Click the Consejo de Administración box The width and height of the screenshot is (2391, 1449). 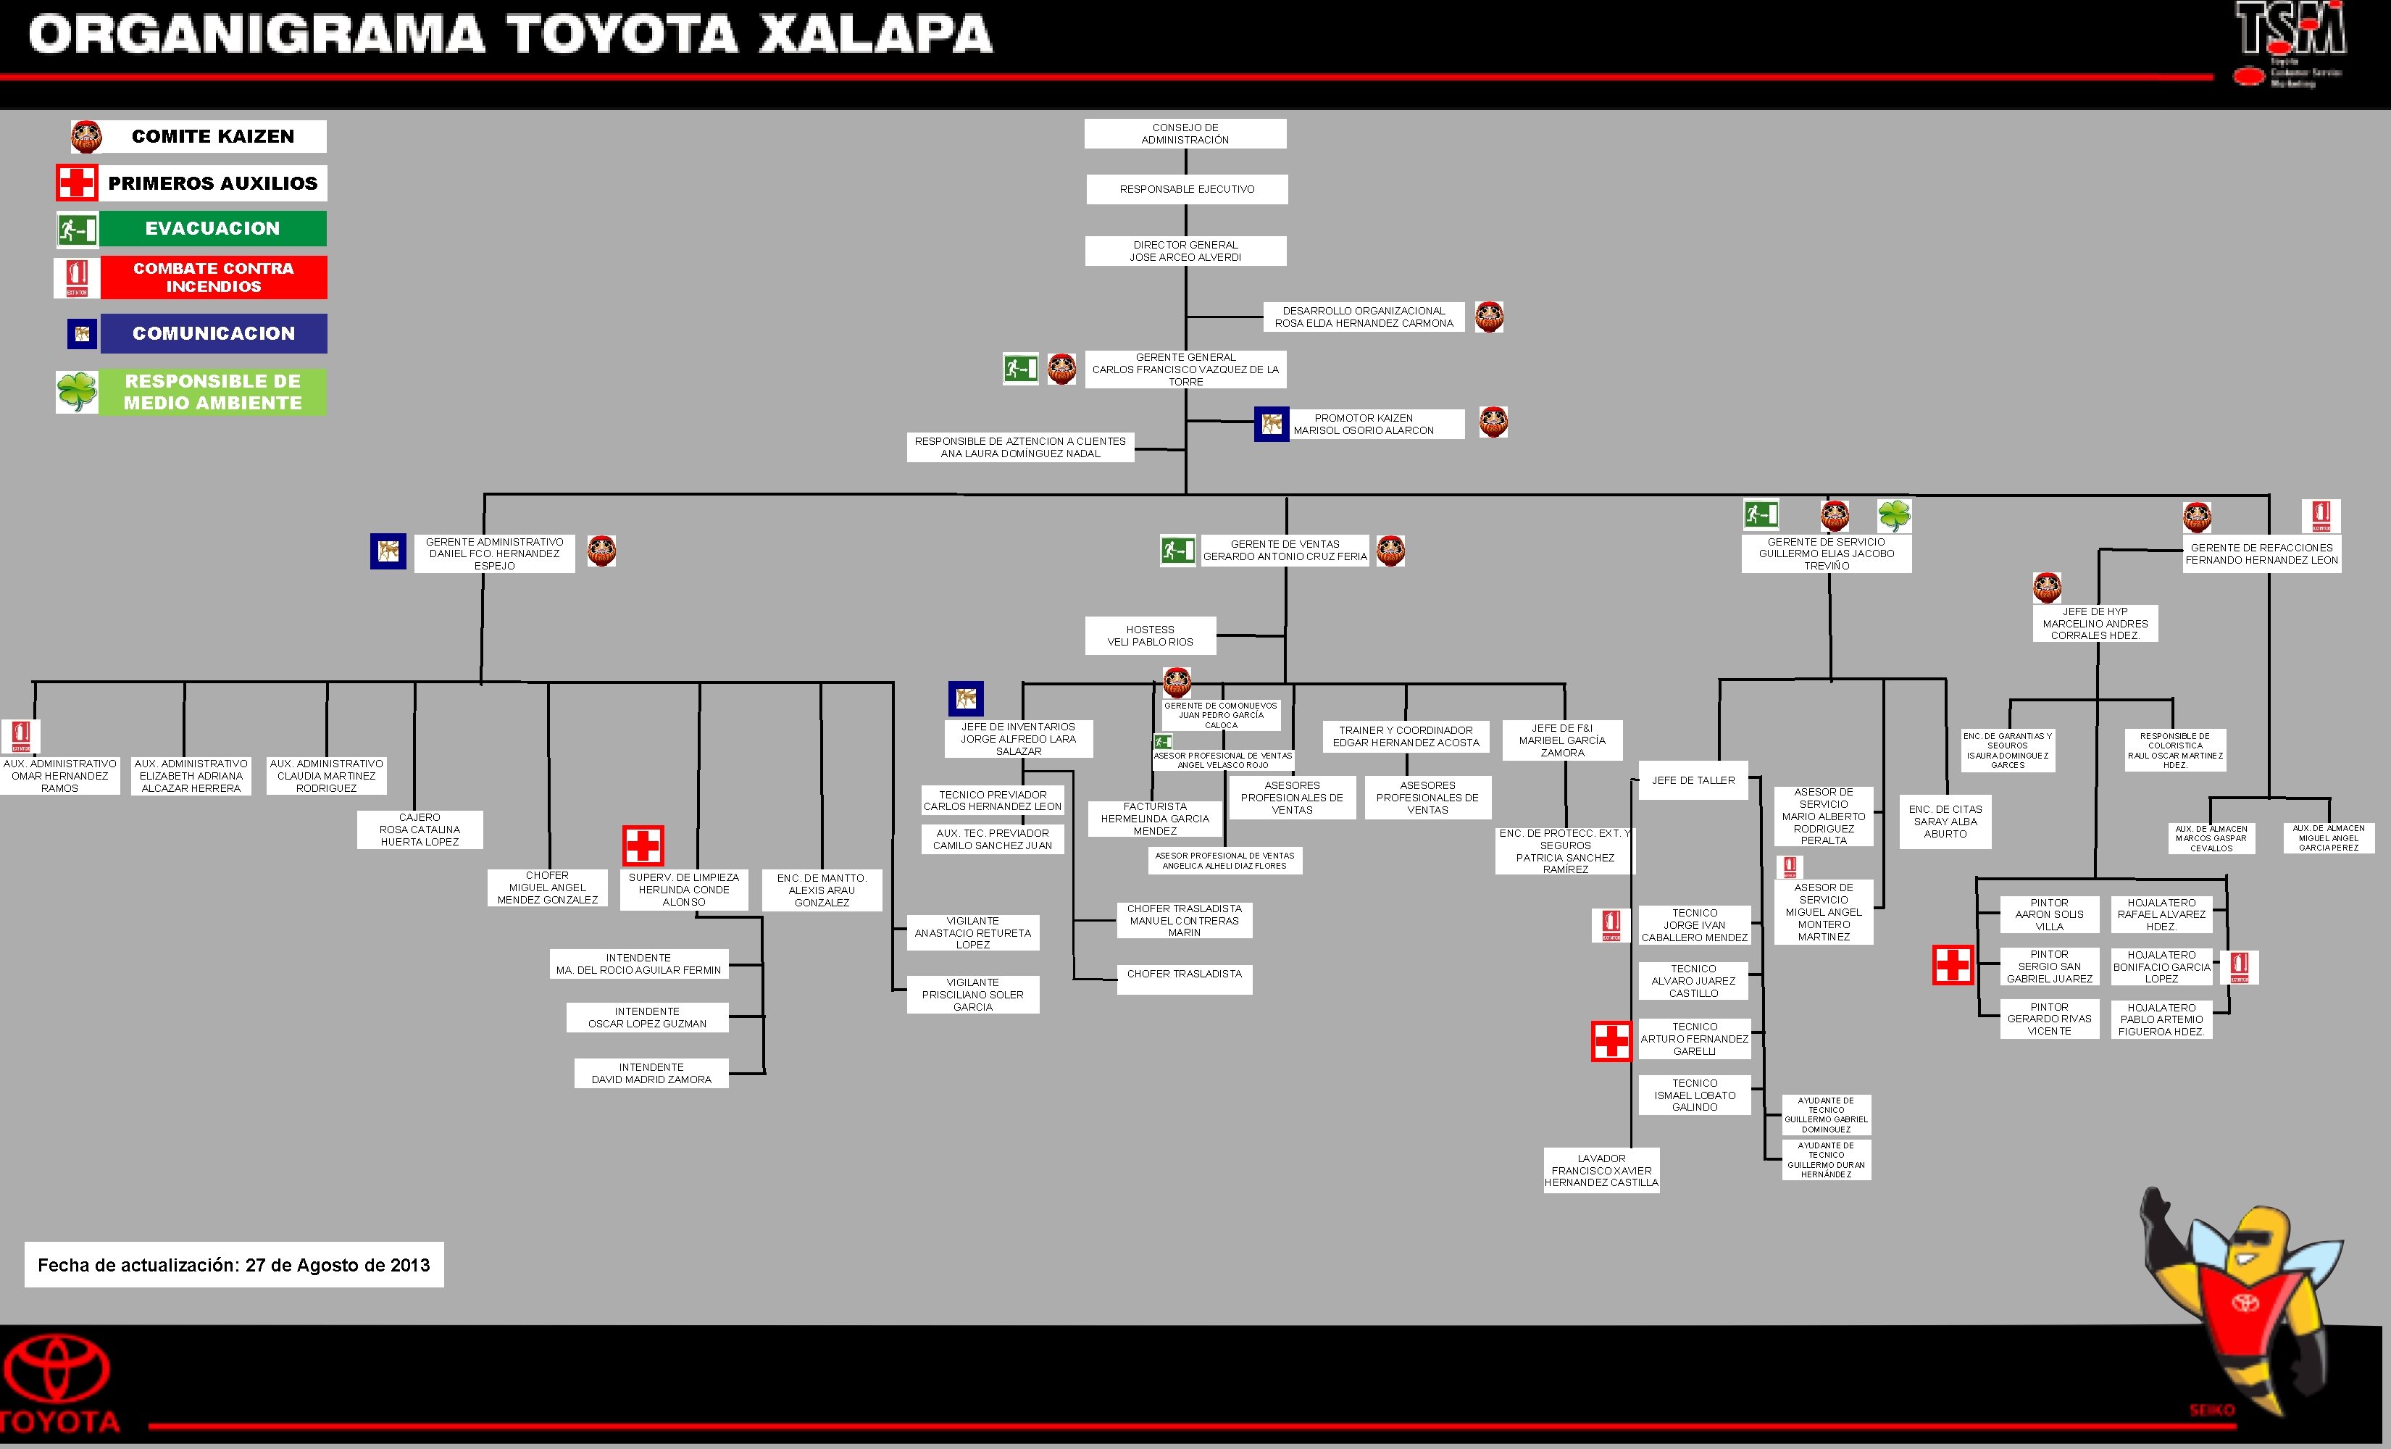1185,134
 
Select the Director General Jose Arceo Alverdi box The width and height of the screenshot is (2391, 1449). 1185,251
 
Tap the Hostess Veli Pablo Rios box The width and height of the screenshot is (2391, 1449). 1150,635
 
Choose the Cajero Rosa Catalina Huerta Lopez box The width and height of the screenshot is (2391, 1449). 420,830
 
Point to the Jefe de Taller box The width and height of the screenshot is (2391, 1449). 1693,780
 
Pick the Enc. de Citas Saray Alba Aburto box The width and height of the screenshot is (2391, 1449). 1945,821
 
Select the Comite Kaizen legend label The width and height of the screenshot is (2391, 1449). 212,137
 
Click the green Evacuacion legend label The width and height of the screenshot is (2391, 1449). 212,229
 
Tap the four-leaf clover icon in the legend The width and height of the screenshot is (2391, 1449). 77,392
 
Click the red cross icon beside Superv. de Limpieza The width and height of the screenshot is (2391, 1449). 643,845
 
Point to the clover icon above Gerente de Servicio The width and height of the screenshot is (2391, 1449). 1893,515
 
